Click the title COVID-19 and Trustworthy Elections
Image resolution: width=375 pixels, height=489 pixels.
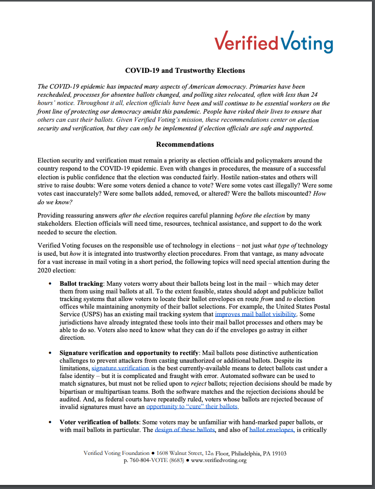[185, 70]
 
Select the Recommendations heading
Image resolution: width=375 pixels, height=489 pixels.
[185, 144]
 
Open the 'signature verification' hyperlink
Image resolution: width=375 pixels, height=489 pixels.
[120, 368]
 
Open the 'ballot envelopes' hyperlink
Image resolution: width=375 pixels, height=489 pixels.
[272, 429]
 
